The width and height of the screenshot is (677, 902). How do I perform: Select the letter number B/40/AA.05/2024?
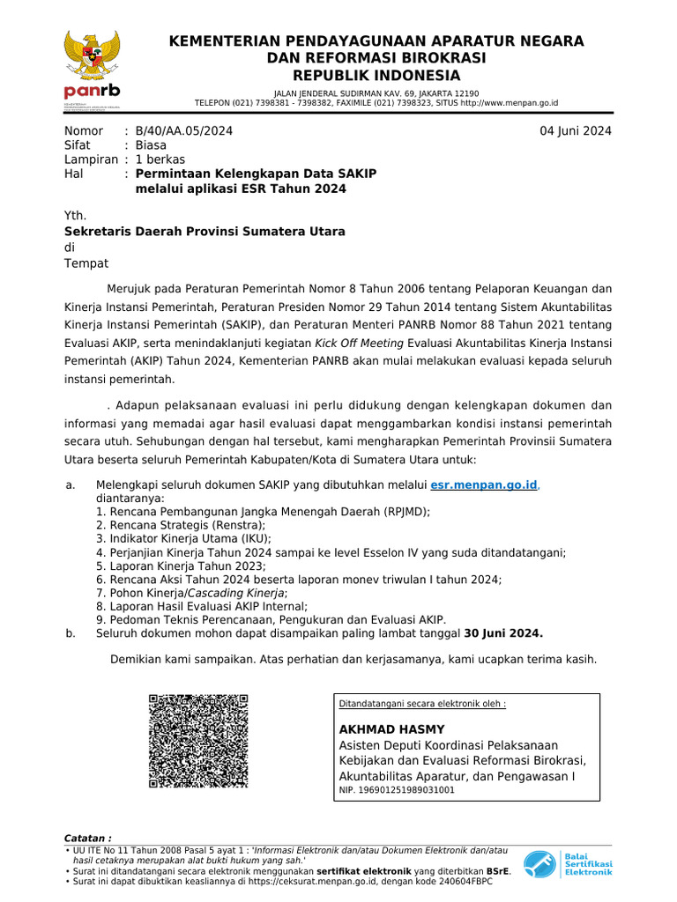click(x=184, y=131)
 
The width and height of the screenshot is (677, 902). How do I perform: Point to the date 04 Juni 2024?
click(x=576, y=131)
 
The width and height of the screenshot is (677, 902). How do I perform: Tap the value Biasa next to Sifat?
click(x=151, y=145)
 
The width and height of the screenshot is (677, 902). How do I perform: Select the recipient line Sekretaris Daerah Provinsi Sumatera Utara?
click(x=205, y=231)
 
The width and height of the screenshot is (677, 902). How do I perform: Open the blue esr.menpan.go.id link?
click(x=484, y=485)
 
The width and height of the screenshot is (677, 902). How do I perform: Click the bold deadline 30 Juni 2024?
click(x=503, y=633)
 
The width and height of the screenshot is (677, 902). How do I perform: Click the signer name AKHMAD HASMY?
click(x=391, y=729)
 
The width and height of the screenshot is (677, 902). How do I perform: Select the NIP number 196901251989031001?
click(x=397, y=790)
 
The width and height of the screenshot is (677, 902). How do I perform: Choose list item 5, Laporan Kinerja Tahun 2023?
click(x=181, y=566)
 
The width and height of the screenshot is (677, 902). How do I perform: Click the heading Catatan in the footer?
click(x=88, y=838)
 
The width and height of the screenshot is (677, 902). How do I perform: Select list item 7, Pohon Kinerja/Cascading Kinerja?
click(x=192, y=593)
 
